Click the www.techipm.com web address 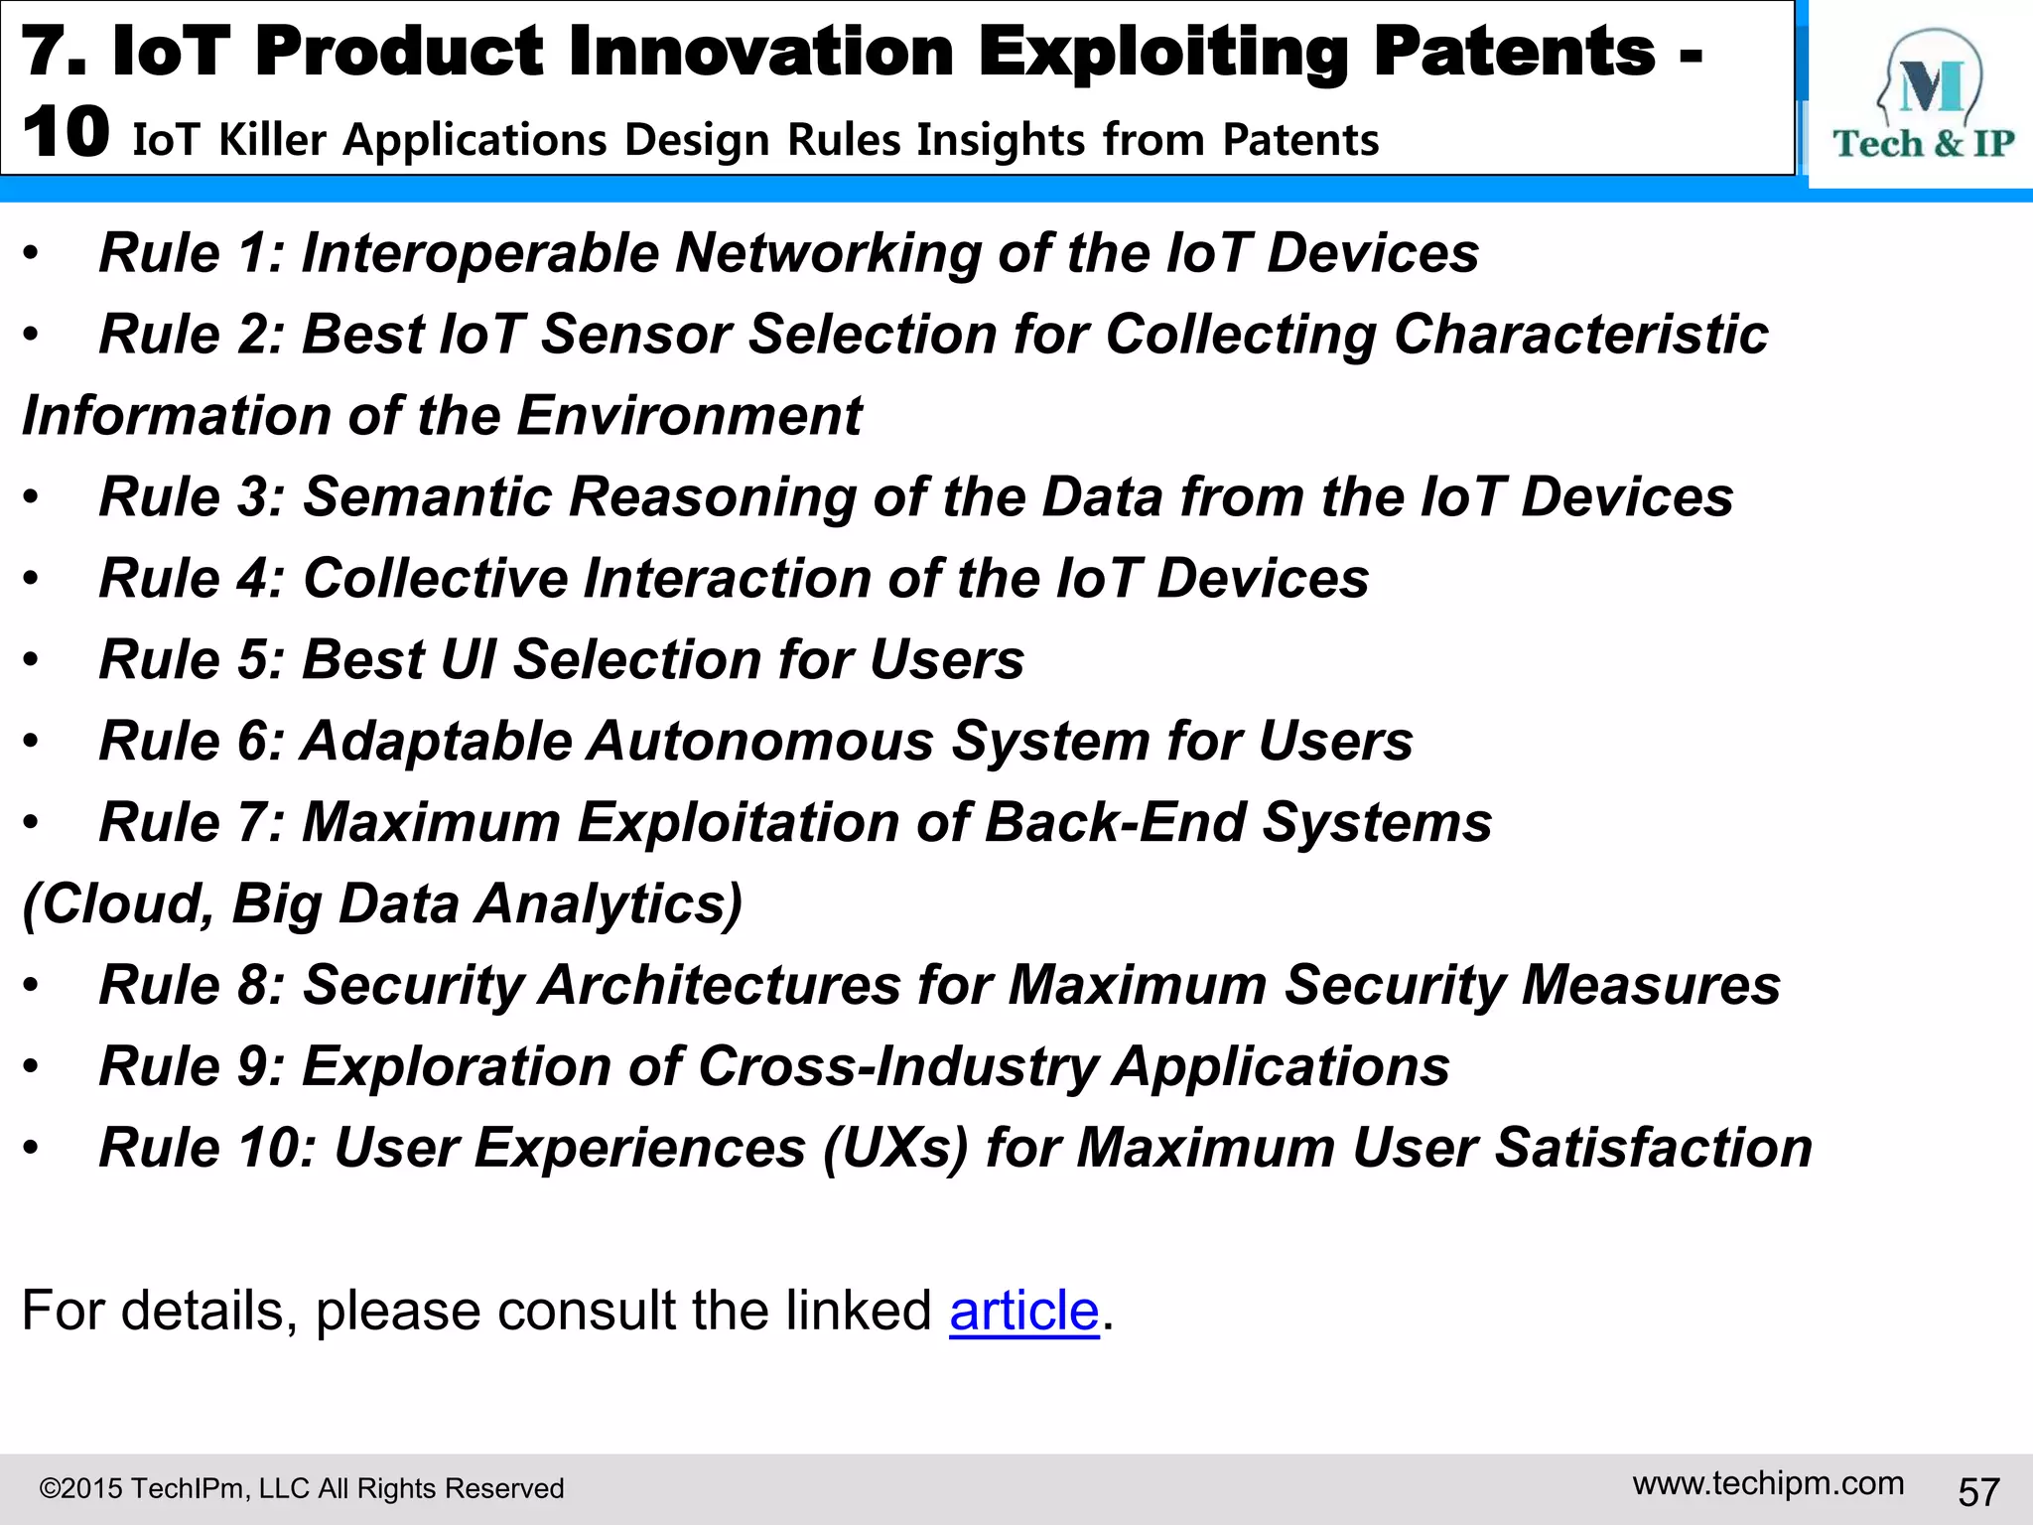click(1768, 1483)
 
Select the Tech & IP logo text click(1923, 144)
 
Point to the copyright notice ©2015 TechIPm click(301, 1488)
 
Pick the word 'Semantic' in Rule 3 click(427, 496)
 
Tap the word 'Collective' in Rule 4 click(434, 578)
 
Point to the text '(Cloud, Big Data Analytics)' click(382, 903)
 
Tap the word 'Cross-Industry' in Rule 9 click(896, 1066)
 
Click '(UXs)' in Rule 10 click(894, 1148)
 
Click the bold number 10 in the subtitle click(66, 133)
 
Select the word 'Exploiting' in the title click(1164, 52)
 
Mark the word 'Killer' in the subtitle click(272, 140)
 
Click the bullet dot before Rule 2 click(32, 336)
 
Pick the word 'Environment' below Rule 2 click(689, 415)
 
